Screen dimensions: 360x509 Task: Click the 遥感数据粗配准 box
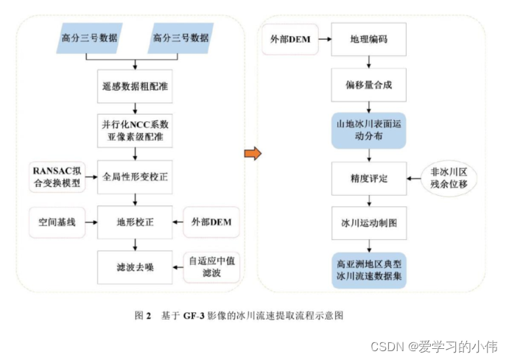(134, 85)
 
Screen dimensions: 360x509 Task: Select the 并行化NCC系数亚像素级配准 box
(134, 131)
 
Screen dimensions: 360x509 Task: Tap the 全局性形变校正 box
(134, 177)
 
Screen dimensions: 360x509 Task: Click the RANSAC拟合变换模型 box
(56, 177)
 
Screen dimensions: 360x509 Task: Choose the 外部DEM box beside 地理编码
(287, 39)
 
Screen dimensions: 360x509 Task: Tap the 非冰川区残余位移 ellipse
(449, 177)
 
